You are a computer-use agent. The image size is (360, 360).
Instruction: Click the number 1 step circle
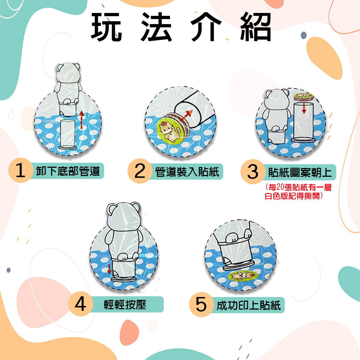[21, 171]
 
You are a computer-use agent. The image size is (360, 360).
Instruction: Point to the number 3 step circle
[253, 172]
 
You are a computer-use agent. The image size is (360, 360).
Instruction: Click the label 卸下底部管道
[68, 171]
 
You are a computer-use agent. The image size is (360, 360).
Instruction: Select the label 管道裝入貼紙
[187, 171]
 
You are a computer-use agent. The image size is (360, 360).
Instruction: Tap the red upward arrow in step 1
[82, 119]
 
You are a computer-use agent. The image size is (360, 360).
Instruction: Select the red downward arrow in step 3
[304, 107]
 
